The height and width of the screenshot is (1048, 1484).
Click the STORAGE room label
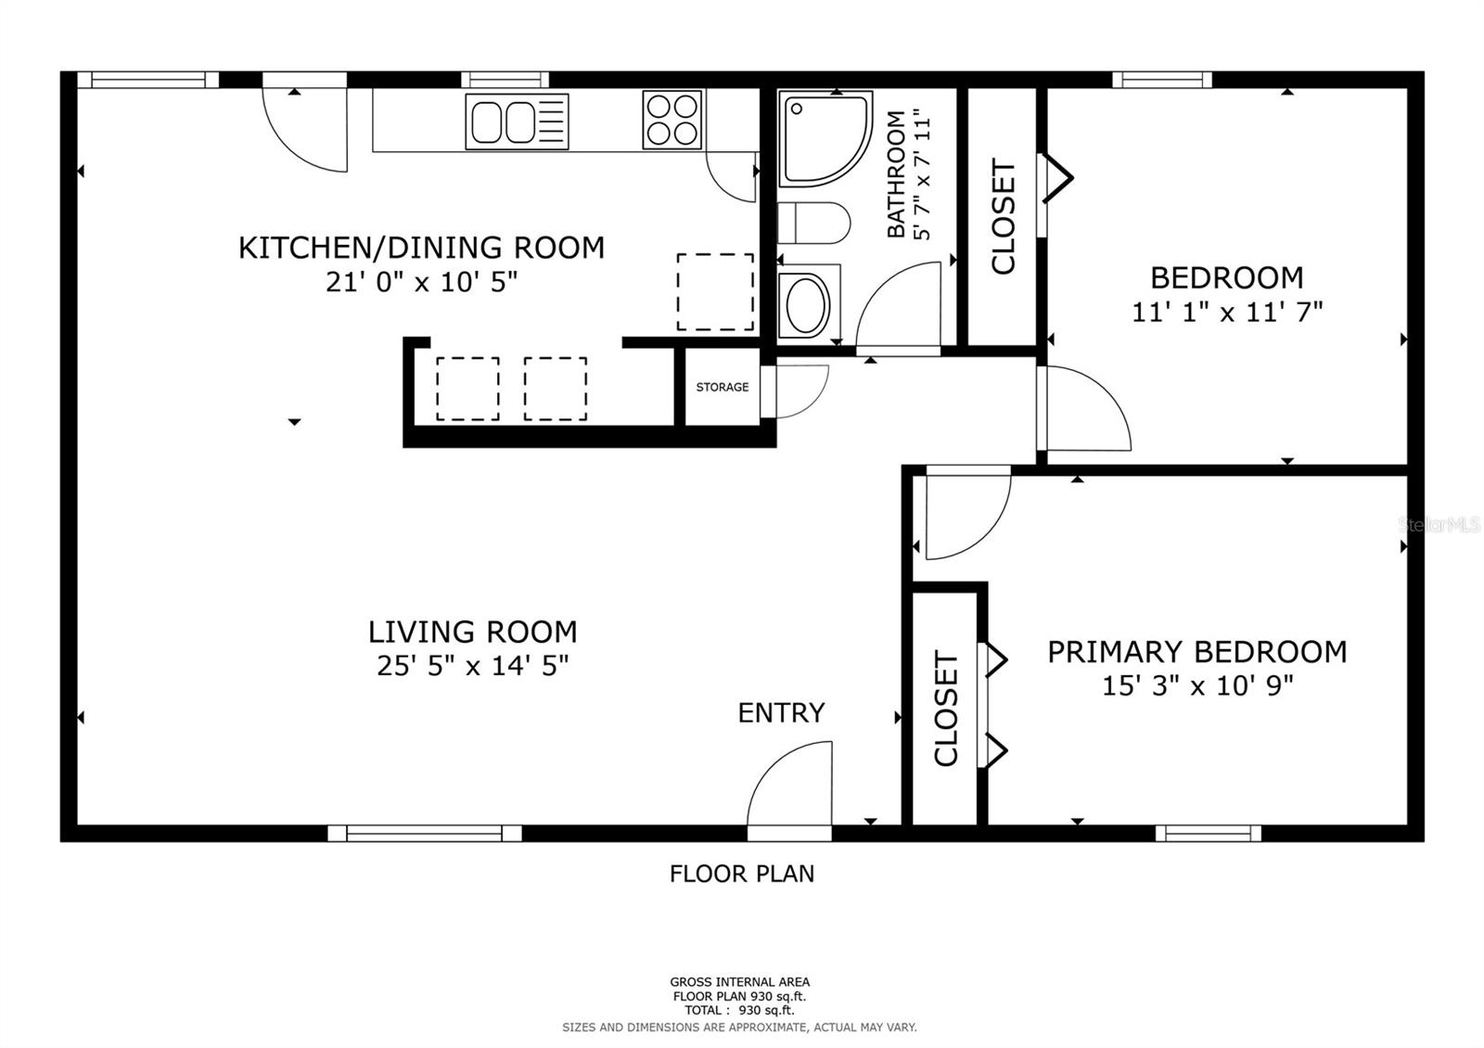coord(723,387)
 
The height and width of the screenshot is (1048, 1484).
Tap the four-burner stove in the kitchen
coord(672,120)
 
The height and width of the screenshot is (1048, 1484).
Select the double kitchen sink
coord(517,121)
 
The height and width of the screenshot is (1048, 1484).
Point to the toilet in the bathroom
coord(813,224)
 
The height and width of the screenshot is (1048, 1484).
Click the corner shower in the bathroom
coord(825,139)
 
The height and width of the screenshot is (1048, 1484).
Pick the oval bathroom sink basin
coord(807,305)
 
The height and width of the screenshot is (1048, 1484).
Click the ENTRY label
coord(781,713)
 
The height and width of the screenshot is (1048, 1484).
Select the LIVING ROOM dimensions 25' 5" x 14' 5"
coord(472,665)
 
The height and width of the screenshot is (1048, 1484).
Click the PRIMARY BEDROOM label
coord(1197,652)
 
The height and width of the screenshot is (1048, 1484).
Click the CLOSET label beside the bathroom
coord(1003,217)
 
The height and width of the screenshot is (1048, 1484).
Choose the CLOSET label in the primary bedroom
coord(946,709)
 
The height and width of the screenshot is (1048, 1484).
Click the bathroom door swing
coord(899,304)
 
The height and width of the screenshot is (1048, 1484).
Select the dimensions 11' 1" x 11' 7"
coord(1227,312)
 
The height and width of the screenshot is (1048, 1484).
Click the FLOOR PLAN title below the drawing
coord(742,874)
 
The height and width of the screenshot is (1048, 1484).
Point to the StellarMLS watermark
coord(1439,525)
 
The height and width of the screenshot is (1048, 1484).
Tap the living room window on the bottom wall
coord(425,834)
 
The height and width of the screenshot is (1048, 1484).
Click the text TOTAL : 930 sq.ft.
coord(739,1010)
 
